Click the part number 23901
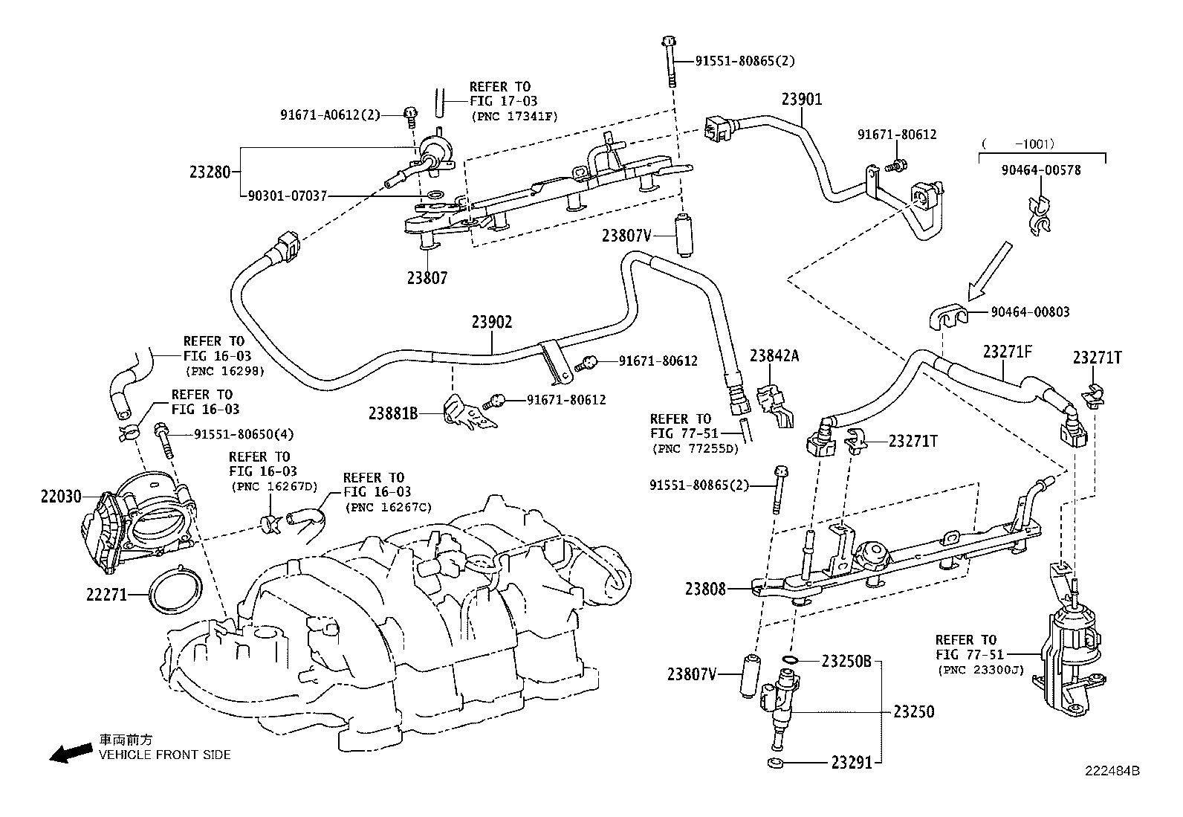(802, 99)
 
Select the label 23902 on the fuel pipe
(492, 322)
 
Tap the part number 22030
(61, 496)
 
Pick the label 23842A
(774, 355)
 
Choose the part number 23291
(852, 762)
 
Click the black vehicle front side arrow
(71, 752)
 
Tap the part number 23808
(706, 590)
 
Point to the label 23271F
(1008, 352)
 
